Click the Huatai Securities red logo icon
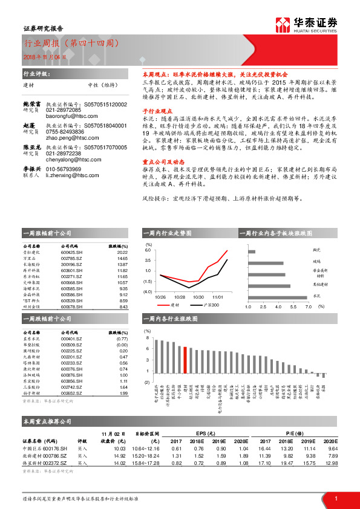[x=283, y=24]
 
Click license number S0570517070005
[x=102, y=146]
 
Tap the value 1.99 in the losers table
[x=123, y=393]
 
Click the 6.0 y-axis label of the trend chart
[x=148, y=250]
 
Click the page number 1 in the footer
[x=336, y=498]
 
